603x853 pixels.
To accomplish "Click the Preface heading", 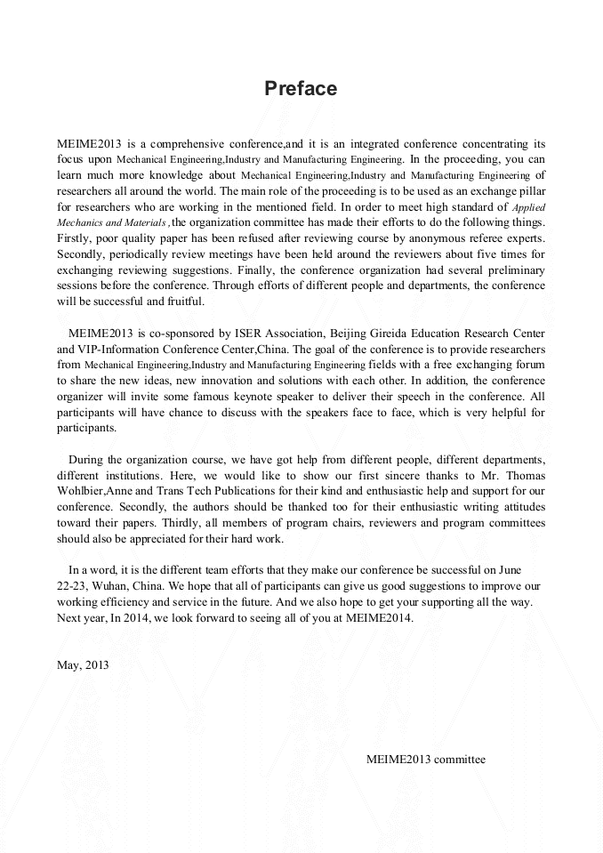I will pyautogui.click(x=301, y=89).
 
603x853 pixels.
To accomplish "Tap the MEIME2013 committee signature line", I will pyautogui.click(x=425, y=759).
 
